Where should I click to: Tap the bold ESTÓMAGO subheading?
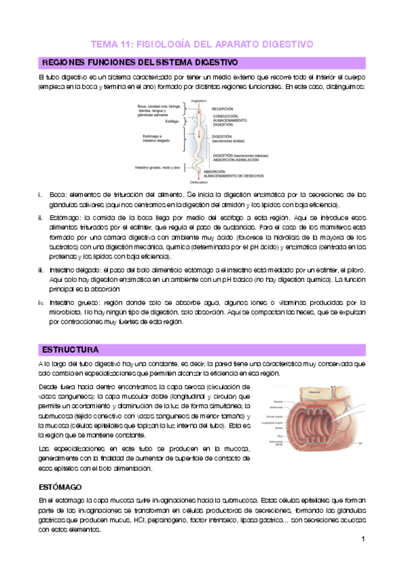coord(60,467)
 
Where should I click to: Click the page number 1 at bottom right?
coord(363,539)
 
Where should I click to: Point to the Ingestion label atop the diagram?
coord(199,101)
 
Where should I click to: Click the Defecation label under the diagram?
coord(199,183)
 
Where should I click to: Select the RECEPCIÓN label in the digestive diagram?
coord(223,108)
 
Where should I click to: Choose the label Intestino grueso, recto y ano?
coord(157,167)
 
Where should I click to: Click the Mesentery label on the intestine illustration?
coord(315,389)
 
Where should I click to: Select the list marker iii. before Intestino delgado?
coord(42,269)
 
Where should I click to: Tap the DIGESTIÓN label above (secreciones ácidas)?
coord(223,136)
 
